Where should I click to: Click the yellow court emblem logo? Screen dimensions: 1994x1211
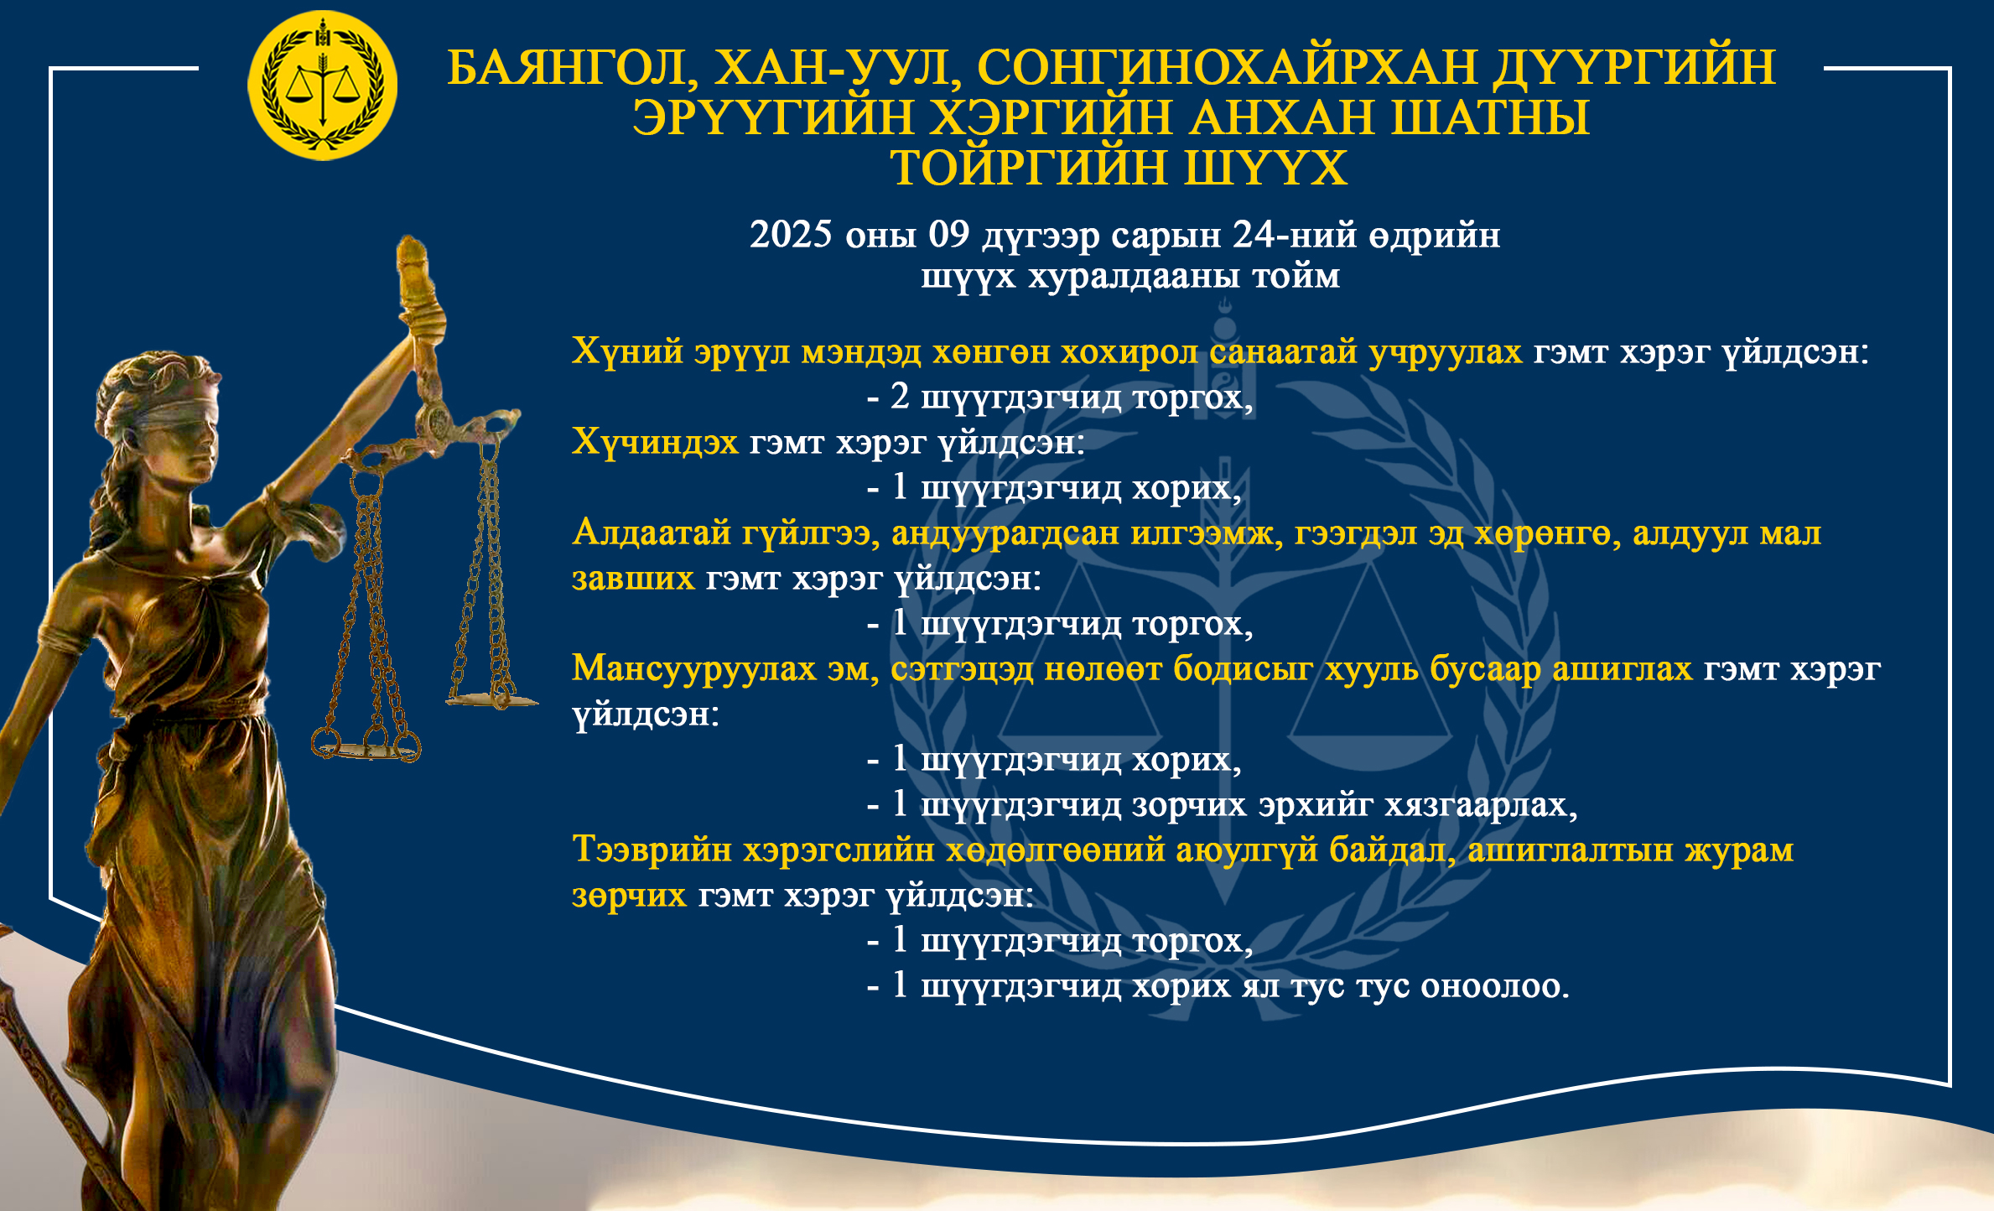click(323, 86)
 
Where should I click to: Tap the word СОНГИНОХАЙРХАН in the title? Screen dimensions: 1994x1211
click(1227, 67)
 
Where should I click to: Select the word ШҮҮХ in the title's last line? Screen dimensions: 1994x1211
click(1265, 168)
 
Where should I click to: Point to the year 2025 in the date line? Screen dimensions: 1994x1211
click(791, 235)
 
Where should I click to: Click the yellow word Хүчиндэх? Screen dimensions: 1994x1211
click(655, 442)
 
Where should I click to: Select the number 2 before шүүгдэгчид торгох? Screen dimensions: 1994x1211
click(900, 396)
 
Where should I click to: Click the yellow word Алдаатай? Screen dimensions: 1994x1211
click(652, 533)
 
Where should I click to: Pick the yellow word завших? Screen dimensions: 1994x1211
click(633, 579)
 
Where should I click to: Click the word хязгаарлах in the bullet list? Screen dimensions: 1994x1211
click(1480, 805)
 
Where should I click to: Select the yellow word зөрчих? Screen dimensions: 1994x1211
click(629, 896)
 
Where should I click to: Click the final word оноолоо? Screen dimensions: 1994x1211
click(1494, 986)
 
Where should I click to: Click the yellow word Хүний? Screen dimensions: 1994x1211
click(627, 351)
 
